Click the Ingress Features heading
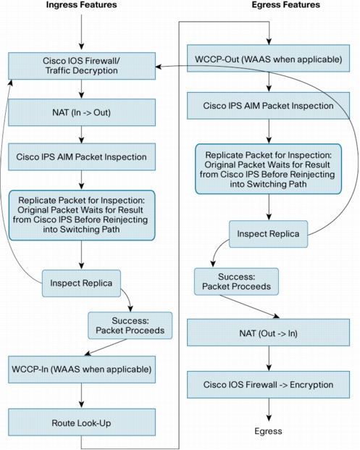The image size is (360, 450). [x=81, y=5]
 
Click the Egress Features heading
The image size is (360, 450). [x=285, y=5]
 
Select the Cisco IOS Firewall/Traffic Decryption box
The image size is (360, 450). [x=82, y=66]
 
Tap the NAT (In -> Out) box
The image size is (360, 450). [x=82, y=112]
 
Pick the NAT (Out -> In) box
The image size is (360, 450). [x=268, y=333]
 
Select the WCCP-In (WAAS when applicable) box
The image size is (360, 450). [x=82, y=370]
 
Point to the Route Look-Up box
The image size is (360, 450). [x=82, y=422]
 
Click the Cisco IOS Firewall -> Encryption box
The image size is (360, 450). [x=268, y=385]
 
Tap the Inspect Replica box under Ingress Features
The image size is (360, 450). [x=81, y=283]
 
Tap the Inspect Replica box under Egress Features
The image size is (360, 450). [x=268, y=234]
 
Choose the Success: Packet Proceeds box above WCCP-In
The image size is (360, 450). [x=130, y=325]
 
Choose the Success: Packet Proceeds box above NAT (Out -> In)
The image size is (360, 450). [x=236, y=282]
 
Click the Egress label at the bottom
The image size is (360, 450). [x=268, y=431]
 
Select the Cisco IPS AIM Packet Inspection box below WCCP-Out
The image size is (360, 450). [x=268, y=106]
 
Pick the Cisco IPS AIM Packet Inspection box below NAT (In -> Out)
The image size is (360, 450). [x=82, y=157]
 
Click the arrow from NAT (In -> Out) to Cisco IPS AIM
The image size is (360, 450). [x=81, y=135]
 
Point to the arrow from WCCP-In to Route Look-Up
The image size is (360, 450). [x=81, y=396]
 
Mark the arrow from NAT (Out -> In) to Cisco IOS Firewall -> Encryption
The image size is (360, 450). [x=269, y=359]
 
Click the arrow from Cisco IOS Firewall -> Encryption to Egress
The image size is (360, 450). [x=269, y=410]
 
